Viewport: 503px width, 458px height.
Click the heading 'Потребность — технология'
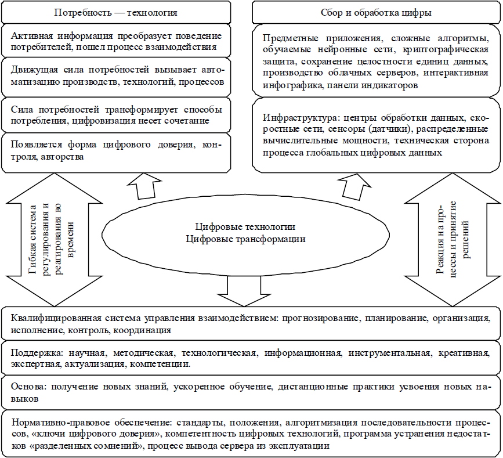point(116,13)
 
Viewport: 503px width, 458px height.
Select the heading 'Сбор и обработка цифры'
point(376,13)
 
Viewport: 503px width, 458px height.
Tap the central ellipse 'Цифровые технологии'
point(245,235)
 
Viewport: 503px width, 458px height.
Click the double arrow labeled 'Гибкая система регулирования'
point(54,240)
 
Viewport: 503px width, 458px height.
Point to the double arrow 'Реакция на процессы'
point(453,240)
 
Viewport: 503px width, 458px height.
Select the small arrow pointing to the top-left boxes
point(144,186)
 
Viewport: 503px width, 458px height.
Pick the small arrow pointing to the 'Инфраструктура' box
point(354,187)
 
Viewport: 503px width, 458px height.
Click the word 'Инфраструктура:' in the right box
point(301,118)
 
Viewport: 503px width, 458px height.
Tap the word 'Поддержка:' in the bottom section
point(38,353)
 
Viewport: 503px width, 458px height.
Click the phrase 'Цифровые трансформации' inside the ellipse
point(245,239)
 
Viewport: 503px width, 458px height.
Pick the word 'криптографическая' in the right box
point(446,50)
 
